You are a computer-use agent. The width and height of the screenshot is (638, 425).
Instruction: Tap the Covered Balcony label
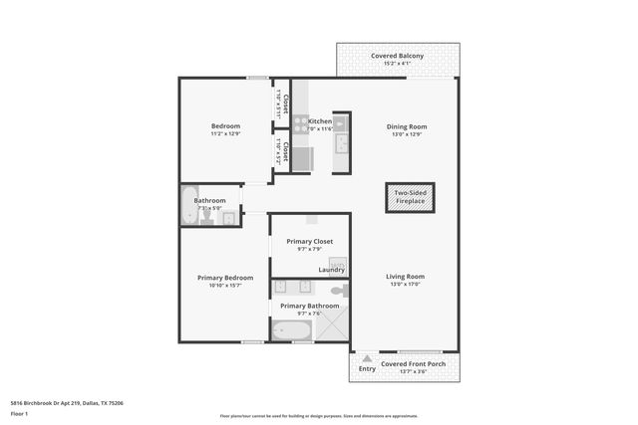[x=397, y=56]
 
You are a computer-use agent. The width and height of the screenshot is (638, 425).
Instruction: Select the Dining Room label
[x=406, y=126]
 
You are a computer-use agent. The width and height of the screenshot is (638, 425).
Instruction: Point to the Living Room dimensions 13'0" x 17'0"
[x=406, y=285]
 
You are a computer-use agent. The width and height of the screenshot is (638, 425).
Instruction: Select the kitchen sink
[x=341, y=143]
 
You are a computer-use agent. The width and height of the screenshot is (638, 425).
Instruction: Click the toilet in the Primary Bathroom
[x=339, y=291]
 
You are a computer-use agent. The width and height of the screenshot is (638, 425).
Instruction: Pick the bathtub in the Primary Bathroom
[x=291, y=330]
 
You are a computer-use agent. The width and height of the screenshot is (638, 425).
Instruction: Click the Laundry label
[x=332, y=270]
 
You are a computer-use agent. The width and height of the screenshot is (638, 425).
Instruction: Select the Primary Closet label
[x=309, y=242]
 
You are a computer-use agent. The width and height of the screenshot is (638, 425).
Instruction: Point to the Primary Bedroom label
[x=224, y=278]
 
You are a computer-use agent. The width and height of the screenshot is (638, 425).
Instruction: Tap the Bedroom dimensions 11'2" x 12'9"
[x=224, y=134]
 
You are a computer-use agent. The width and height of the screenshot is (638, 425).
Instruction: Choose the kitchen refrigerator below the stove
[x=301, y=158]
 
